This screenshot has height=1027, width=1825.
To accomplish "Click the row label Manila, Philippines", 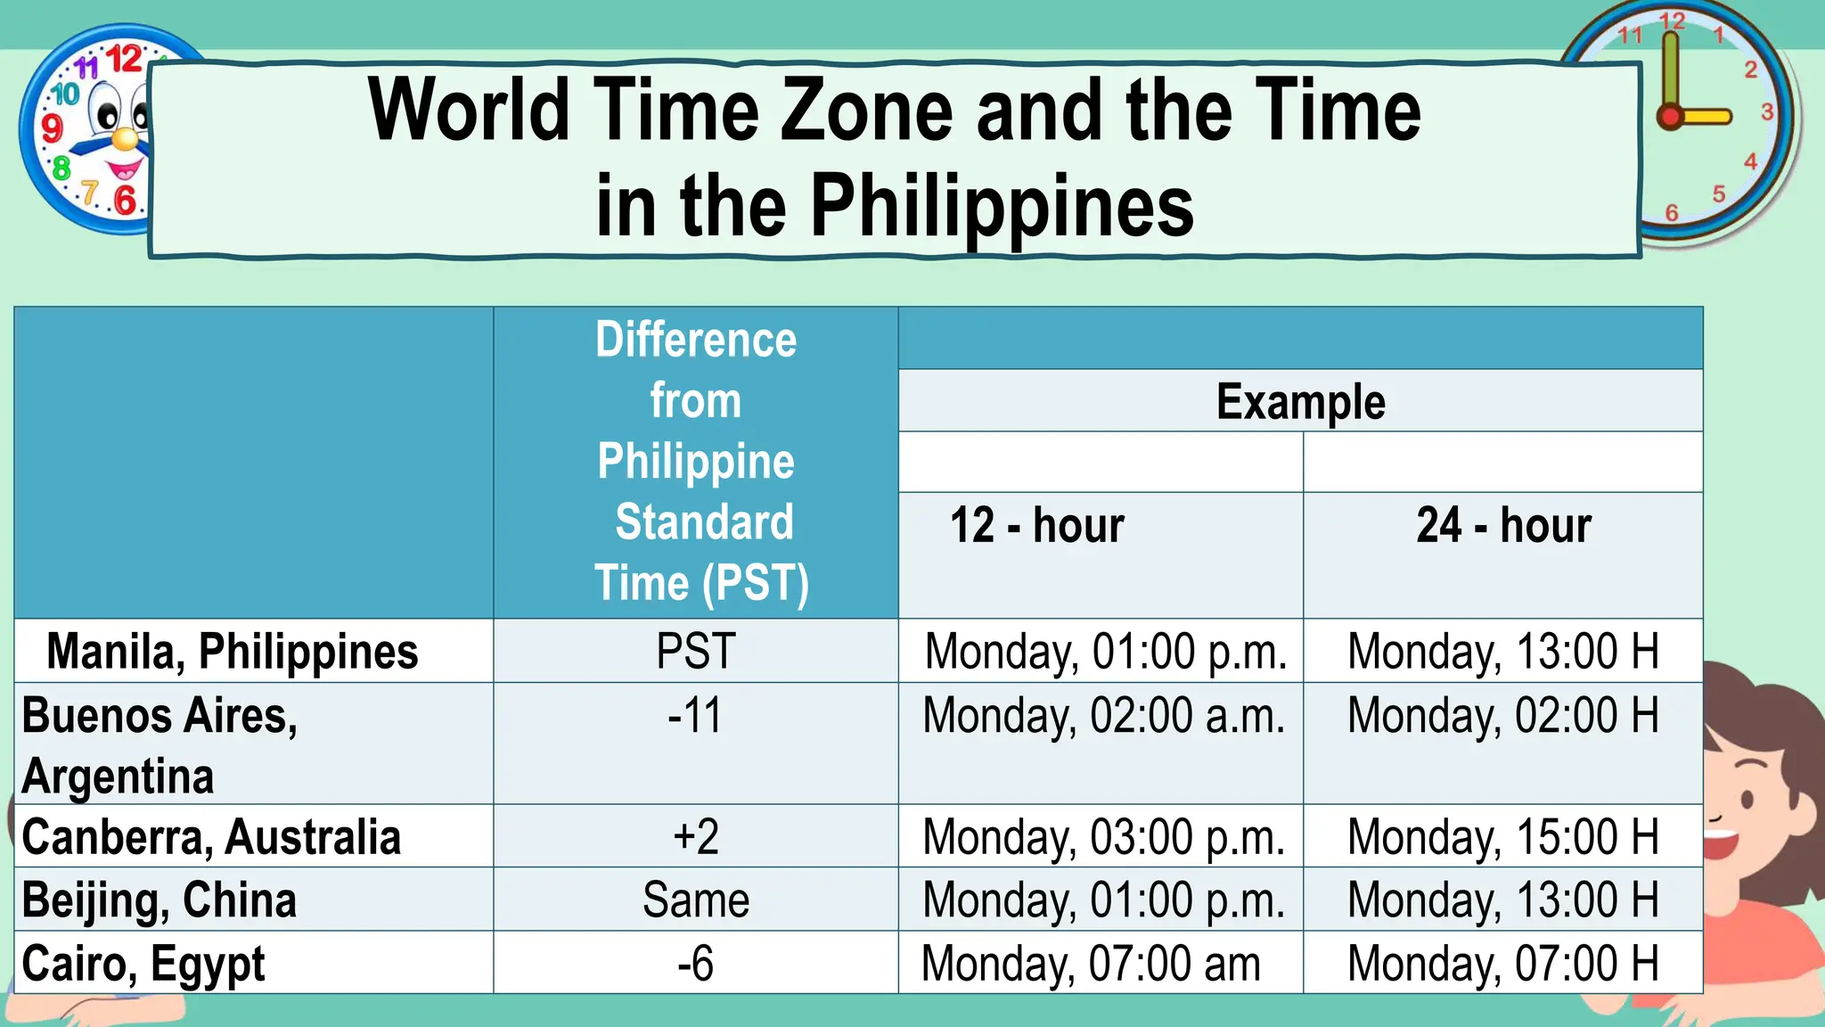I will pos(232,651).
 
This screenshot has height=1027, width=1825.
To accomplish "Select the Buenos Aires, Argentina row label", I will pos(160,744).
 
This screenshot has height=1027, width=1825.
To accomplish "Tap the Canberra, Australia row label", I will pos(211,837).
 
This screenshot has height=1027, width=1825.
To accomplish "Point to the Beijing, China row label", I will pos(159,900).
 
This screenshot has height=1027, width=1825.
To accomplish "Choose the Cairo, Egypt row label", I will pos(143,964).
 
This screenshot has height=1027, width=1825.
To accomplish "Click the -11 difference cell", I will pos(695,716).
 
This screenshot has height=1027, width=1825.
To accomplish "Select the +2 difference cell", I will pos(695,837).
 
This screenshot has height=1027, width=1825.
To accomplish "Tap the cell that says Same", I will pos(695,900).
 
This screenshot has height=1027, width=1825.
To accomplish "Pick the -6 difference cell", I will pos(695,964).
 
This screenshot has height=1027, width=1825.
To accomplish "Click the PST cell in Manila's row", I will pos(695,651).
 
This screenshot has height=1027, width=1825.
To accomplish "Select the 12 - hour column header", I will pos(1037,525).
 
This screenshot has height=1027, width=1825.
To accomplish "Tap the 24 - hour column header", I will pos(1503,525).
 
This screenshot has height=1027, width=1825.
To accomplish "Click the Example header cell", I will pos(1300,401).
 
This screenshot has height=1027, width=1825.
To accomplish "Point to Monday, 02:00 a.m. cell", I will pos(1103,716).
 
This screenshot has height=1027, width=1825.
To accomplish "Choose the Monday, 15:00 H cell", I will pos(1503,837).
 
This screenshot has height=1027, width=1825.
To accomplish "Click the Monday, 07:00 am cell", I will pos(1091,964).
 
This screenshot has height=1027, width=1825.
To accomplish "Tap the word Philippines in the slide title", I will pos(1002,206).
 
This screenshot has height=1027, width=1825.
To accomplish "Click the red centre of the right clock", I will pos(1670,117).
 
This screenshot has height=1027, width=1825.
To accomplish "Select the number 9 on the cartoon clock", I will pos(53,127).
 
